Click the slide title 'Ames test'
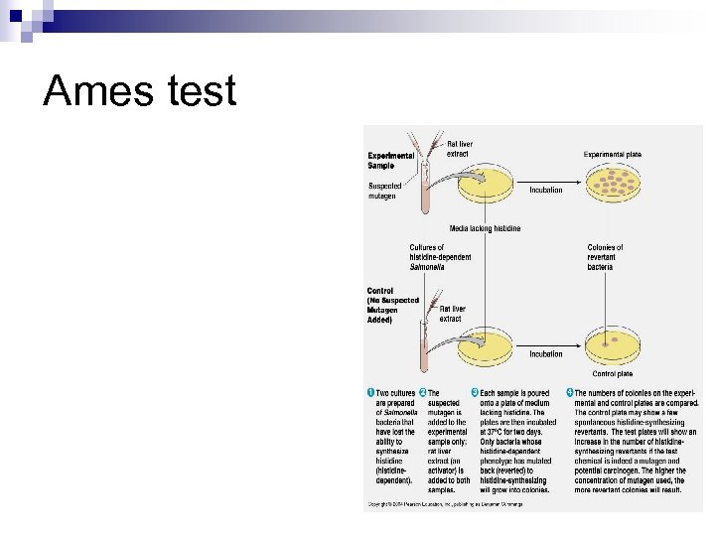[x=140, y=91]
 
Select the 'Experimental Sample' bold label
[x=391, y=161]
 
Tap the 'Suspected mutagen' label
[x=382, y=191]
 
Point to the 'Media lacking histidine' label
[x=485, y=229]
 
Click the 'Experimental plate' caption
[x=612, y=154]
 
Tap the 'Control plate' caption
[x=612, y=374]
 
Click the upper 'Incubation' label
[x=545, y=190]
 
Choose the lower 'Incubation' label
[x=545, y=353]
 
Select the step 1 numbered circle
[x=370, y=394]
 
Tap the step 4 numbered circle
[x=570, y=394]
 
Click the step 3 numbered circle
[x=475, y=394]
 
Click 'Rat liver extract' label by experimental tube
[x=459, y=149]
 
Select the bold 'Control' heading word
[x=380, y=291]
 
